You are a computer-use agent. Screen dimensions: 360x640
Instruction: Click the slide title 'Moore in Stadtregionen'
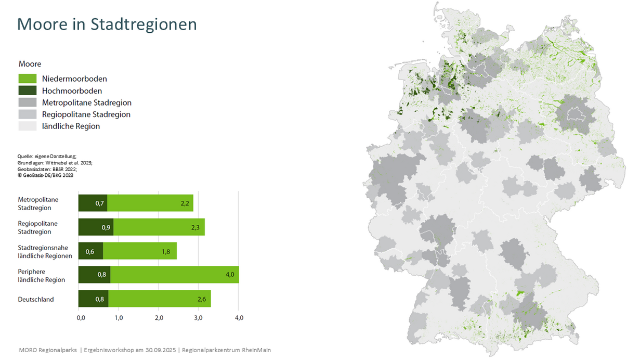(x=107, y=24)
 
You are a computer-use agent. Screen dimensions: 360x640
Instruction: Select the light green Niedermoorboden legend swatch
(x=28, y=79)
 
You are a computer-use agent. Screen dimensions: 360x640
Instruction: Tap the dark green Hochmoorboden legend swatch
(x=28, y=91)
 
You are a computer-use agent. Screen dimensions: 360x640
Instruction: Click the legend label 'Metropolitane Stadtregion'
(x=87, y=102)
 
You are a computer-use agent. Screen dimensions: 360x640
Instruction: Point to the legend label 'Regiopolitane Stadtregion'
(x=86, y=114)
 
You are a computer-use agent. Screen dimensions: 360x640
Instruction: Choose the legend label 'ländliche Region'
(x=71, y=126)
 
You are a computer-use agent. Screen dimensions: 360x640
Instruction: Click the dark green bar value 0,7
(x=100, y=203)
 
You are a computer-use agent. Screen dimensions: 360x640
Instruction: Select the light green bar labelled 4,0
(x=174, y=275)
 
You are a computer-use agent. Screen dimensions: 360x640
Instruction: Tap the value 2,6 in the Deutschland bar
(x=202, y=299)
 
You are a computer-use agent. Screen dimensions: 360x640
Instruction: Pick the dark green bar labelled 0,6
(x=90, y=251)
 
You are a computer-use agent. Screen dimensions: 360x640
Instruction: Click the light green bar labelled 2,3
(x=159, y=227)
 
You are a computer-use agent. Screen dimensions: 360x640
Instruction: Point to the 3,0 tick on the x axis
(x=199, y=318)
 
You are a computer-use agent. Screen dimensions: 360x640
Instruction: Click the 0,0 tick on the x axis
(x=81, y=318)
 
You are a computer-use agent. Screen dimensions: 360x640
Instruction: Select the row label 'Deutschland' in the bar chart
(x=36, y=299)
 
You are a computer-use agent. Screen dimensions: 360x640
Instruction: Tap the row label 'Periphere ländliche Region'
(x=42, y=276)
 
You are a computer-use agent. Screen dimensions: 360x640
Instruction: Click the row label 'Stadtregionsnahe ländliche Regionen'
(x=45, y=252)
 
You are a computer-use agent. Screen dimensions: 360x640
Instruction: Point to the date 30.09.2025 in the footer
(x=158, y=350)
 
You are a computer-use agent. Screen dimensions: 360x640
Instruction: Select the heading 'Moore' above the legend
(x=30, y=64)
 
